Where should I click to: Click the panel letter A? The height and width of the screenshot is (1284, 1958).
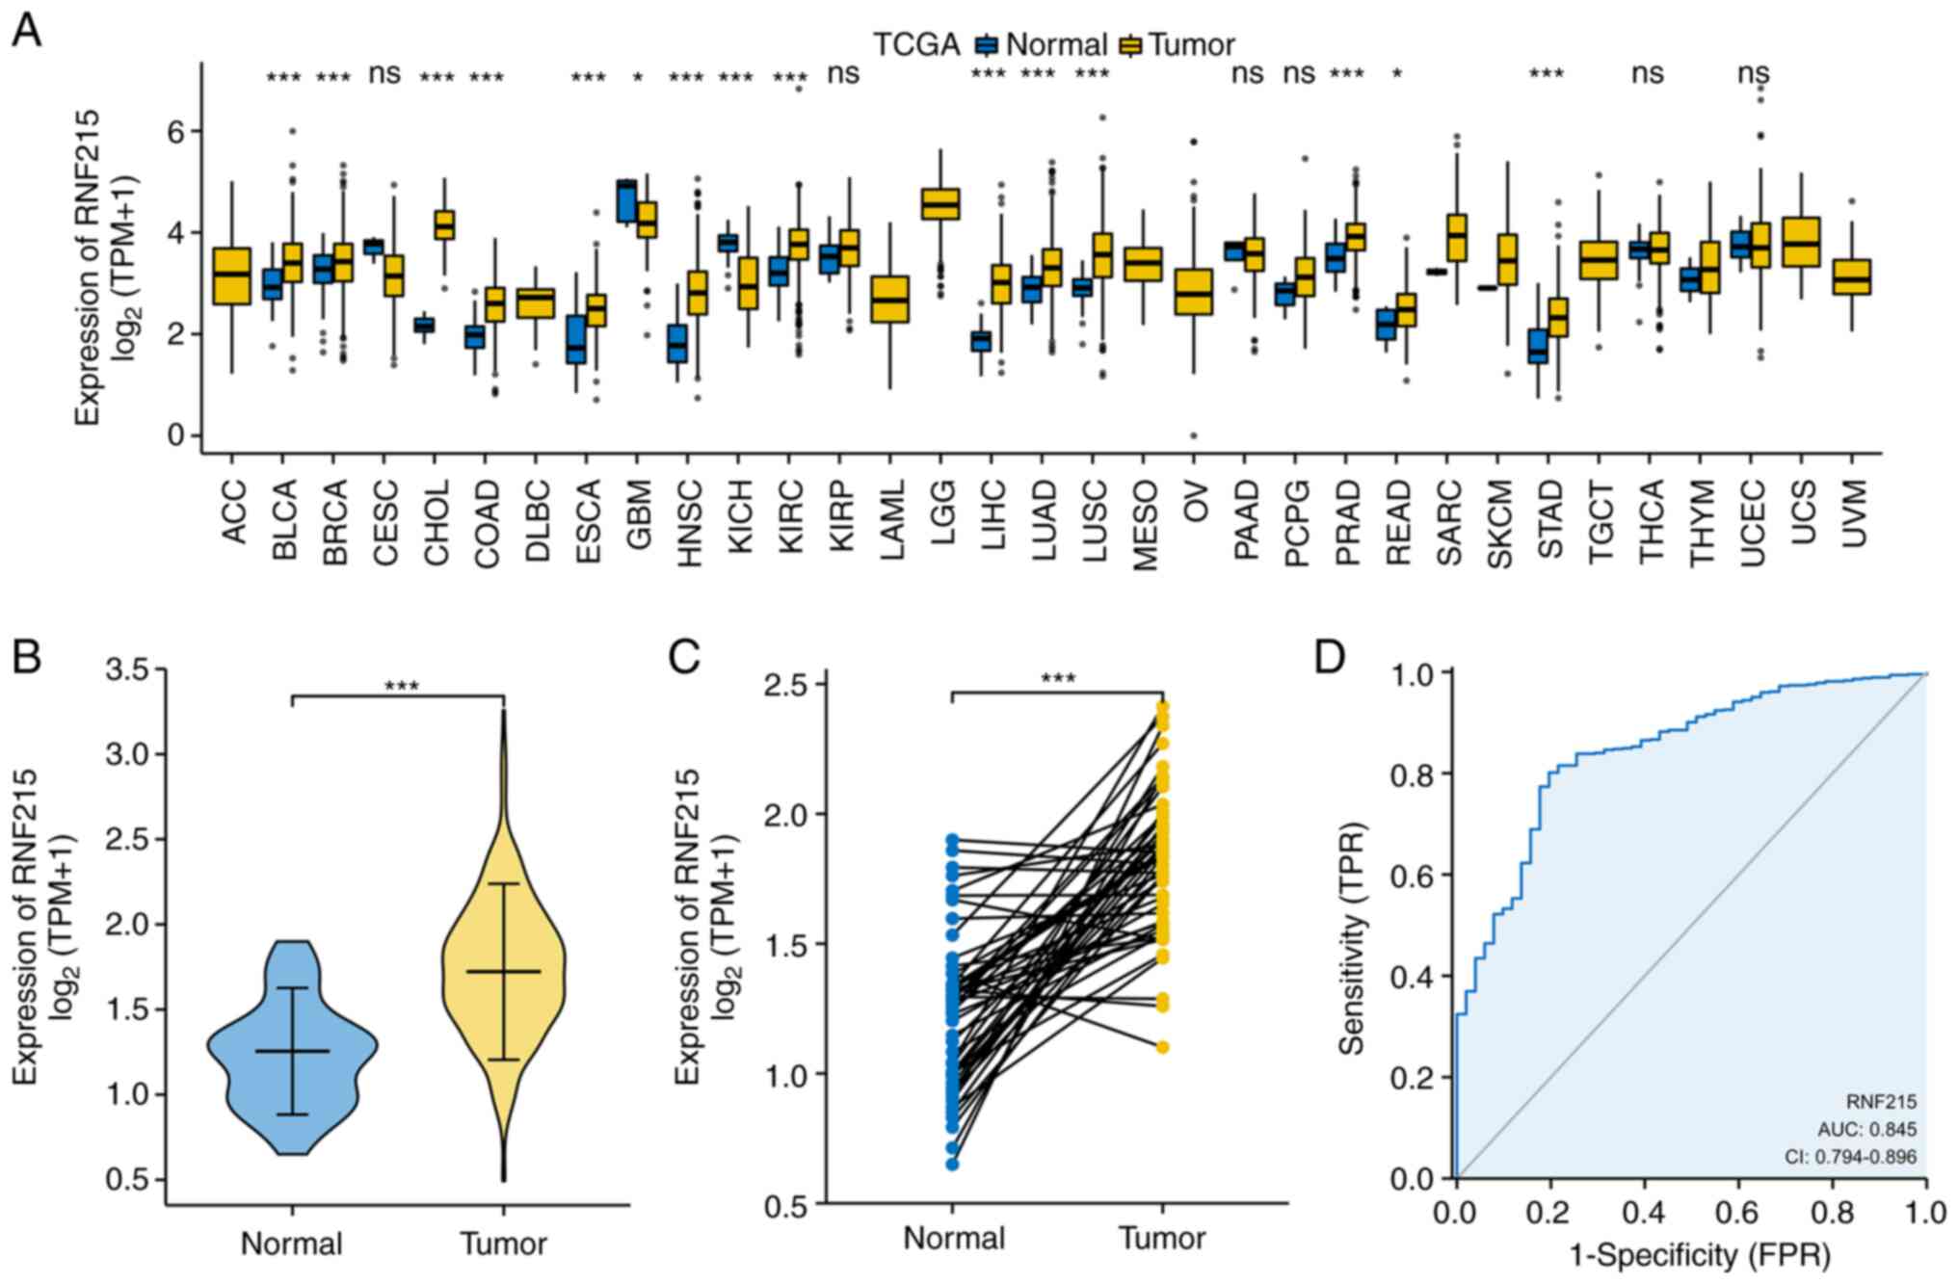26,31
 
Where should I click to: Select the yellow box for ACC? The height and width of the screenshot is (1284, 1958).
232,275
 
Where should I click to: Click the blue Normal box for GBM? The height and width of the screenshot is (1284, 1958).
625,200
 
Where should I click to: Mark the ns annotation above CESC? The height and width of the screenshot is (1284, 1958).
384,73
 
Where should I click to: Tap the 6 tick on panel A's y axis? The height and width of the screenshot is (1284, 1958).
176,131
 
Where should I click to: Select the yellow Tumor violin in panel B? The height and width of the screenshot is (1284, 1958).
503,973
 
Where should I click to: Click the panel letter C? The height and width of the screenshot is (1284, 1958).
684,658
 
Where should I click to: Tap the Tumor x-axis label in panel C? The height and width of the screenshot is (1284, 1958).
1162,1239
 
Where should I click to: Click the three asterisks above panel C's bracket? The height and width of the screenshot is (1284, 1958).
1058,679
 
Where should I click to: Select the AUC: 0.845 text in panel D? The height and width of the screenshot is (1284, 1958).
1866,1129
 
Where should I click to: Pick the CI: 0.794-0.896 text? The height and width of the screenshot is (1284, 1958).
1850,1157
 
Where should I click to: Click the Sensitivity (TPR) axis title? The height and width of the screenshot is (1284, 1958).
1353,938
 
